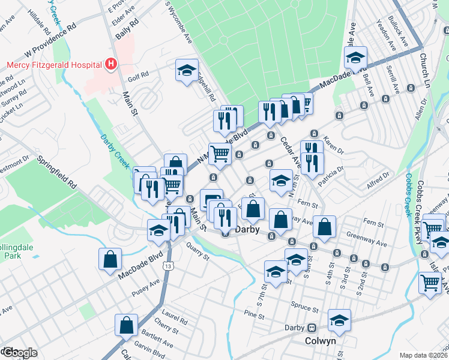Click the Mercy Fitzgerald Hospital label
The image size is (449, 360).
[x=53, y=64]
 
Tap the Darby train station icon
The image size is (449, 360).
[x=312, y=328]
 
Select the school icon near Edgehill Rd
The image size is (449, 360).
[x=187, y=71]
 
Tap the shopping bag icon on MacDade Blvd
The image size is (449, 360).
[x=110, y=259]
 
